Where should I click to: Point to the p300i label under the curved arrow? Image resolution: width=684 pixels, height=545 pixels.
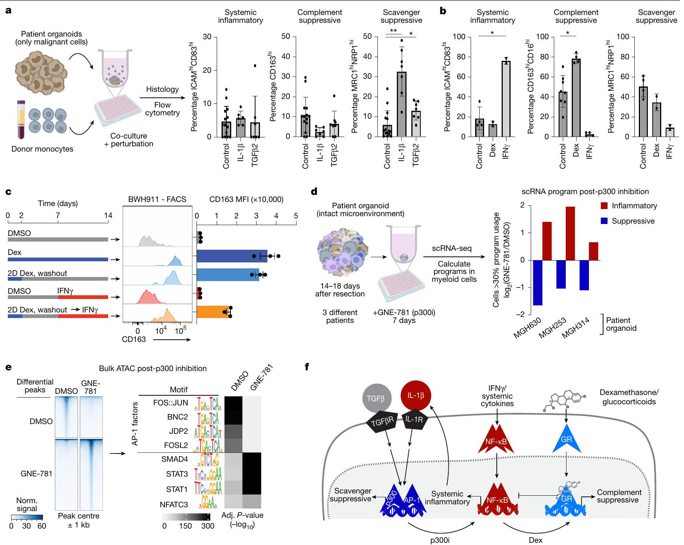(x=440, y=540)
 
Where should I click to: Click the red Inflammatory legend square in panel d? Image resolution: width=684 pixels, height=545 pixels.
(x=604, y=206)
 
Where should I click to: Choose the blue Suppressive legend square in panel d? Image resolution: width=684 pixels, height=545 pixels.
(x=604, y=221)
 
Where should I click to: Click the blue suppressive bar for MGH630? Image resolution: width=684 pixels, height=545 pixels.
(x=537, y=283)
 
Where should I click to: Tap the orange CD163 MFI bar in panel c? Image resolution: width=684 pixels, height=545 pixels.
(x=213, y=312)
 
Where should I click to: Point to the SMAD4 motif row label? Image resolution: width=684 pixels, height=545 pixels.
(x=175, y=460)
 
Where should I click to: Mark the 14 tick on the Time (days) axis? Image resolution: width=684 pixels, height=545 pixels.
(x=108, y=215)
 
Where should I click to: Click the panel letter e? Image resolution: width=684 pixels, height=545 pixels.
(x=8, y=367)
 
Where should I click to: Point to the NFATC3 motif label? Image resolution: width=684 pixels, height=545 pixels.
(x=174, y=505)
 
